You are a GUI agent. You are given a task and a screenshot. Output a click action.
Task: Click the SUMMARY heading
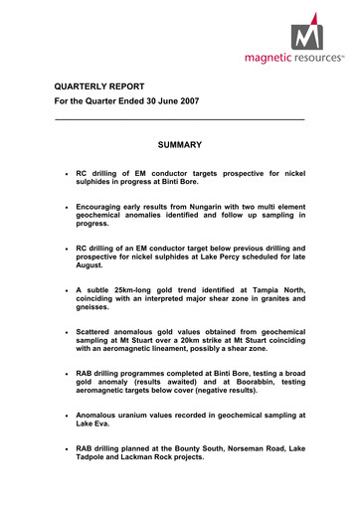pyautogui.click(x=180, y=145)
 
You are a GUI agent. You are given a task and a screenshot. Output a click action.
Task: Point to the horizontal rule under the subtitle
pyautogui.click(x=179, y=120)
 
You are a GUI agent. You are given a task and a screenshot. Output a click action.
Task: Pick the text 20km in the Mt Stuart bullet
pyautogui.click(x=224, y=340)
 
